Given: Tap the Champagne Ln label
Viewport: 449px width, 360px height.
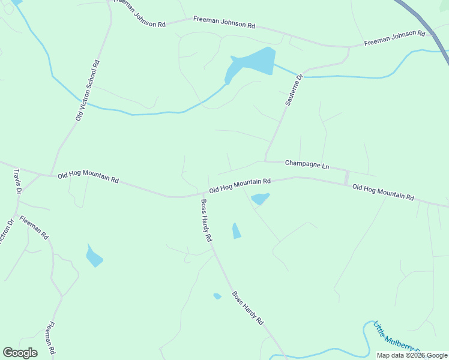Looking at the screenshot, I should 307,164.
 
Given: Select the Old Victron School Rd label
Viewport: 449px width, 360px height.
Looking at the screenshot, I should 88,91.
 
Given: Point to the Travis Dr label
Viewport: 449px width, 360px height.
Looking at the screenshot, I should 17,181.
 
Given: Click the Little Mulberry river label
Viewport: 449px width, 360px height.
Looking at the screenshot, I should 397,338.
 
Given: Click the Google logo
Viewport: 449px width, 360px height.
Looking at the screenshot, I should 20,353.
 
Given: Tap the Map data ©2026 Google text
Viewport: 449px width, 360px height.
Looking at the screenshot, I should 412,355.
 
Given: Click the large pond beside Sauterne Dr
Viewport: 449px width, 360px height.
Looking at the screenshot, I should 252,63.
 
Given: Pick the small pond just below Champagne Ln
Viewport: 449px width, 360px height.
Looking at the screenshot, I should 259,198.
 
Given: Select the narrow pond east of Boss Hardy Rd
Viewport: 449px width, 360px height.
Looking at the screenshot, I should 237,230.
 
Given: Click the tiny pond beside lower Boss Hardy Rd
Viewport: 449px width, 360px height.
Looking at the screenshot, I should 217,296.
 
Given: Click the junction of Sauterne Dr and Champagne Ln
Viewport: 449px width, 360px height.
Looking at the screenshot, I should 265,160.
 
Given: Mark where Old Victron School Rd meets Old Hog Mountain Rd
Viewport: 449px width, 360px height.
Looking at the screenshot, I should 52,175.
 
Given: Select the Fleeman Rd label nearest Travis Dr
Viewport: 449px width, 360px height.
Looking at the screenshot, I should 34,228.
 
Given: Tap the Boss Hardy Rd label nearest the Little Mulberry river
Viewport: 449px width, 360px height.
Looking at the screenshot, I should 248,308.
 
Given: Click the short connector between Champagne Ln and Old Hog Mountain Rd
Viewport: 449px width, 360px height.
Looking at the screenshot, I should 346,178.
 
